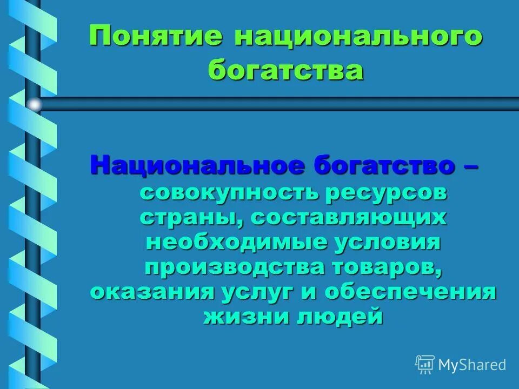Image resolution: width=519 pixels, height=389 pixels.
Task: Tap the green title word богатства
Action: (x=286, y=70)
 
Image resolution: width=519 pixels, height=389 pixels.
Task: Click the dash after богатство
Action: (x=470, y=165)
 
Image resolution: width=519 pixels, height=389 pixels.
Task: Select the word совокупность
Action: (x=228, y=193)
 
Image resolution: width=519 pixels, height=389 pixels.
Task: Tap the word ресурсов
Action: (x=386, y=193)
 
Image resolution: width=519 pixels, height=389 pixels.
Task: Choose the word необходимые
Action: (x=234, y=243)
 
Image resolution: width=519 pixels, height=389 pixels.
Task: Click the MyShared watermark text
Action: (x=472, y=365)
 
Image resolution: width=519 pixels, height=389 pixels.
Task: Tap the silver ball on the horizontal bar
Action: (x=34, y=104)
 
